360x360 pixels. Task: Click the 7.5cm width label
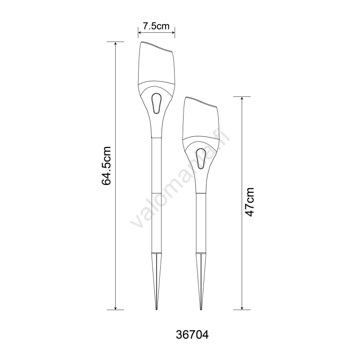pos(156,26)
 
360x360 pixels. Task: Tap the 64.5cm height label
pos(106,166)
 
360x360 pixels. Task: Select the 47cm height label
pos(250,202)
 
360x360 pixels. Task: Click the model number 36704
pos(192,335)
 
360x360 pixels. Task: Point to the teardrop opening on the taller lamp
pos(156,103)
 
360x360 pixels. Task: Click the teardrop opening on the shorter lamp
pos(201,158)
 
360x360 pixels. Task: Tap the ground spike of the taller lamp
pos(156,281)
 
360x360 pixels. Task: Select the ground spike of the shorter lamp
pos(201,281)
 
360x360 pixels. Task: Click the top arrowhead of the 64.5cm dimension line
pos(116,44)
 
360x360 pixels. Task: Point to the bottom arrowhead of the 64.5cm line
pos(116,308)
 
